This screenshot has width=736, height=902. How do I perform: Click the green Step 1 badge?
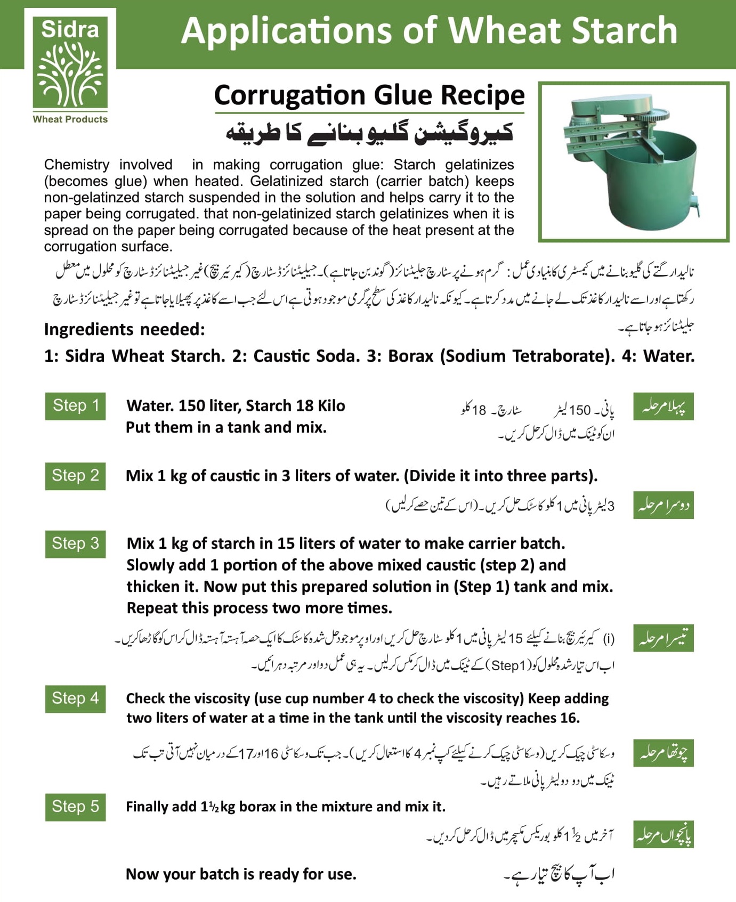(75, 406)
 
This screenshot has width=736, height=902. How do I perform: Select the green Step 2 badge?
(75, 476)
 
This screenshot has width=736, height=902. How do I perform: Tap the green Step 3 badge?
(75, 544)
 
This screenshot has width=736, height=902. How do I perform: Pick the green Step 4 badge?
(75, 698)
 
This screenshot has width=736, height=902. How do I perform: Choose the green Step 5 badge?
(75, 807)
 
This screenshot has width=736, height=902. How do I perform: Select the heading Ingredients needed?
(124, 329)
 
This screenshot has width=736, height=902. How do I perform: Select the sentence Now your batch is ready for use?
(241, 874)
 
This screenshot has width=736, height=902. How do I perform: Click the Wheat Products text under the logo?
(70, 119)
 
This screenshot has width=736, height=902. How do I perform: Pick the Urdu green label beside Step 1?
(663, 407)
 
